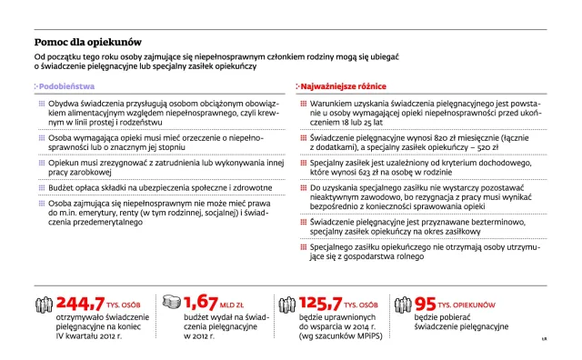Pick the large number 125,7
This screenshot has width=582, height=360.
tap(322, 304)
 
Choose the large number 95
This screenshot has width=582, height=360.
tap(426, 304)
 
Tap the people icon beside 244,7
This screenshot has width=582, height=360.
tap(42, 303)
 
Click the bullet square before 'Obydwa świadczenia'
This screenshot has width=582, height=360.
tap(41, 103)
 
